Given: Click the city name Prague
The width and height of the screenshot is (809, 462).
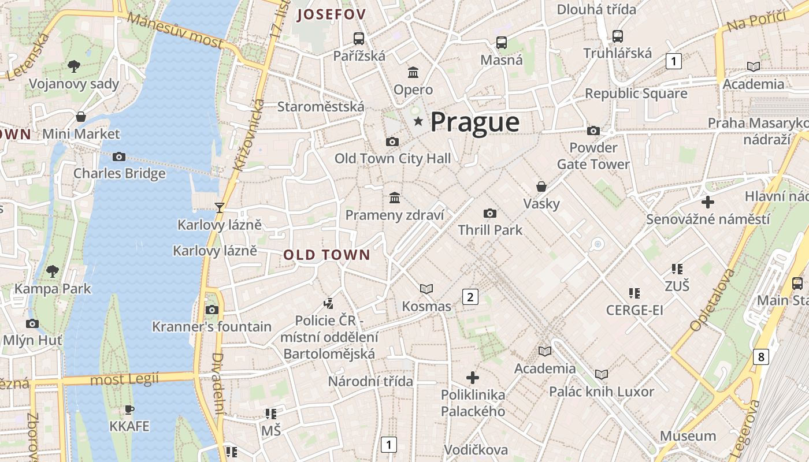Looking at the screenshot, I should point(474,122).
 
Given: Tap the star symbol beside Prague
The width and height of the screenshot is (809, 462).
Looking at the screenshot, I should point(418,121).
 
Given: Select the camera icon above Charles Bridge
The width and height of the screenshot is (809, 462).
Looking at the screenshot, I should point(119,157).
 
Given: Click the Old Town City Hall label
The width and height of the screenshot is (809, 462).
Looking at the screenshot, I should point(392,158).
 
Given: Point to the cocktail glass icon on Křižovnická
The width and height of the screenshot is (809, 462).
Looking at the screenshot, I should point(219,207).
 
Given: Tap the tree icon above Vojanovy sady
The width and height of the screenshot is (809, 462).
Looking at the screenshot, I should point(73,66).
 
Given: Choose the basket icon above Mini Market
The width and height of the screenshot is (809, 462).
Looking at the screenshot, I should point(81,117).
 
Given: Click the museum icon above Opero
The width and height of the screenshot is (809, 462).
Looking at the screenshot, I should point(413,73).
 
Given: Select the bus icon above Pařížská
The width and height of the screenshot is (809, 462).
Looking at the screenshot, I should point(359,39).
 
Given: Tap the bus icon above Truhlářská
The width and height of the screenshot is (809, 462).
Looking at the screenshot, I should point(617,36).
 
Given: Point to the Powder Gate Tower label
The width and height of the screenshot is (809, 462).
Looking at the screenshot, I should point(593,156).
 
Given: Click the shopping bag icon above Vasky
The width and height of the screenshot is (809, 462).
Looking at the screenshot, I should point(541,187).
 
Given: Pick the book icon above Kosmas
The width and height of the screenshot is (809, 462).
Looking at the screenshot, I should point(426,289).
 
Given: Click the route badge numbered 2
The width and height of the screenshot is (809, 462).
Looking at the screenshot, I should point(470,297).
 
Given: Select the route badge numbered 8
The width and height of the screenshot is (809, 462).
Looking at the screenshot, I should point(761,357).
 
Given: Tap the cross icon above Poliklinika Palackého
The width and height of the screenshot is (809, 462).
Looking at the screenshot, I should point(473,378).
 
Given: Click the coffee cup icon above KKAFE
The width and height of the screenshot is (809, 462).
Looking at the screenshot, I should point(129,409).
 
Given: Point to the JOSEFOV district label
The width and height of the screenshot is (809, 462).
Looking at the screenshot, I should point(331,15).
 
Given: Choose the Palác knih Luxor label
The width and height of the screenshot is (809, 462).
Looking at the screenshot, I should point(602,392).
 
